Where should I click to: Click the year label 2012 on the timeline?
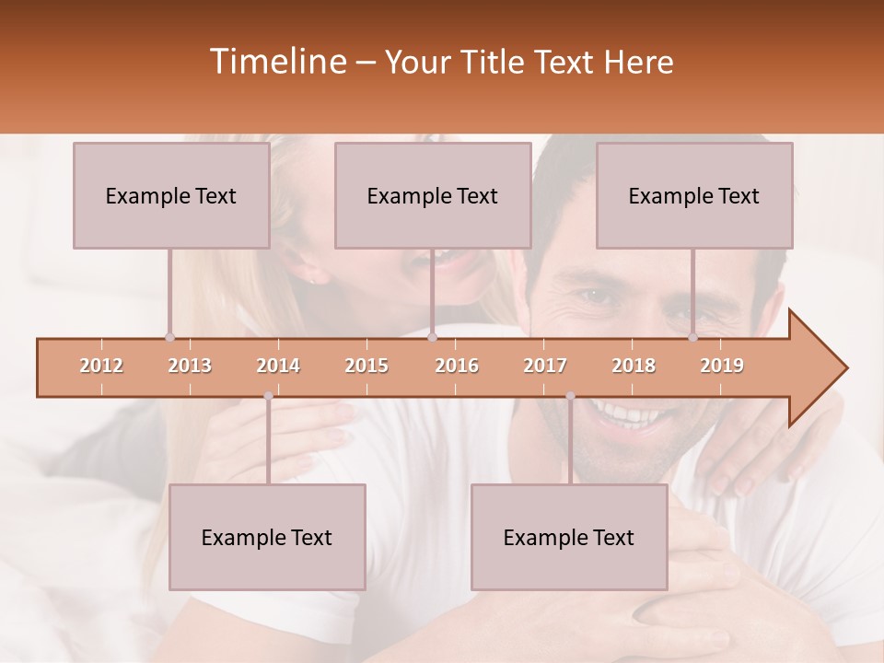pyautogui.click(x=101, y=366)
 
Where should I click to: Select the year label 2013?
pyautogui.click(x=190, y=366)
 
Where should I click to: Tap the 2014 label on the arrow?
pyautogui.click(x=278, y=366)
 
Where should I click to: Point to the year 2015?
pyautogui.click(x=366, y=366)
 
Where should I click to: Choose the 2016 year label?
pyautogui.click(x=457, y=366)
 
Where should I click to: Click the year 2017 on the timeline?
pyautogui.click(x=545, y=366)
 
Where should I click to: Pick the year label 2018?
pyautogui.click(x=634, y=366)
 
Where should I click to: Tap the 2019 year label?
pyautogui.click(x=722, y=366)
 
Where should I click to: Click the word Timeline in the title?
pyautogui.click(x=276, y=62)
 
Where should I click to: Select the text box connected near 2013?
pyautogui.click(x=171, y=195)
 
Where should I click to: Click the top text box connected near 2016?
pyautogui.click(x=433, y=195)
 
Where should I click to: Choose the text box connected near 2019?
pyautogui.click(x=694, y=195)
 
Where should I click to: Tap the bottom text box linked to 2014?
pyautogui.click(x=267, y=537)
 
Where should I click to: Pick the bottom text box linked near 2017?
pyautogui.click(x=569, y=537)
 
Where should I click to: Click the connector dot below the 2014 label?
pyautogui.click(x=268, y=396)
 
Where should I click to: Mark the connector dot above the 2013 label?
pyautogui.click(x=169, y=338)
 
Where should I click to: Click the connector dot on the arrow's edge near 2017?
pyautogui.click(x=570, y=396)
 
